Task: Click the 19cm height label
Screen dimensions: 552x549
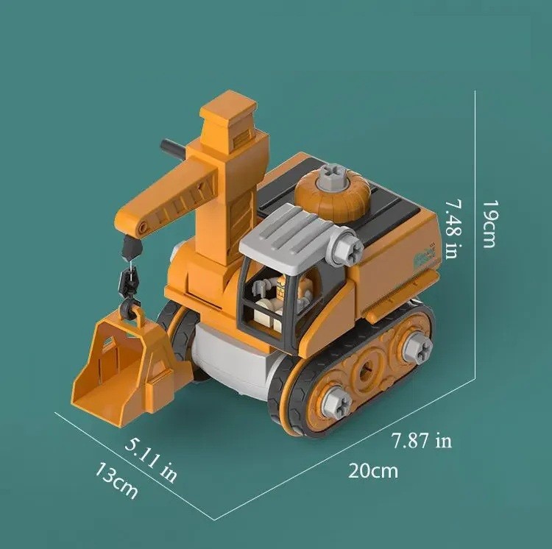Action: click(x=489, y=224)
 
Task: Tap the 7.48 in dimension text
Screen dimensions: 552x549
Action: click(x=454, y=229)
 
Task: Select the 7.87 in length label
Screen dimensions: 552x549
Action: click(x=422, y=440)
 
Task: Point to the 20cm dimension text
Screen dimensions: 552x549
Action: click(x=373, y=470)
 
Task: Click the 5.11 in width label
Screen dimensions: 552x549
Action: click(x=151, y=460)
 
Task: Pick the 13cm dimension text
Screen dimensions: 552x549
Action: click(x=116, y=480)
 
